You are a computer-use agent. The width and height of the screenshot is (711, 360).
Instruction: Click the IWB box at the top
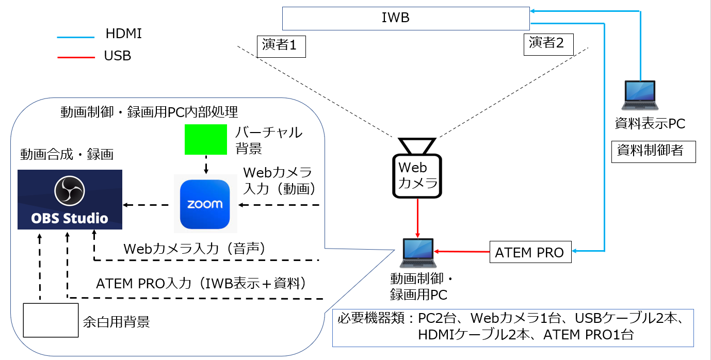[x=406, y=19]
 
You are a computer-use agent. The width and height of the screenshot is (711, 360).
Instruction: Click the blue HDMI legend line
[x=75, y=37]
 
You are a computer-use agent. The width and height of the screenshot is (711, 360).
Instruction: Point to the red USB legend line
[x=75, y=57]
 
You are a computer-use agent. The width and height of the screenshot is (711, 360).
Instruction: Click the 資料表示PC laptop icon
[x=639, y=96]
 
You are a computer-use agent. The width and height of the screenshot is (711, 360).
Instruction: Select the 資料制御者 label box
[x=653, y=151]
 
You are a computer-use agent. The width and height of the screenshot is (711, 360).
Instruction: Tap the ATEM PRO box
[x=530, y=253]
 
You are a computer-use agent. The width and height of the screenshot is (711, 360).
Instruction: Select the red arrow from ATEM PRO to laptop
[x=462, y=252]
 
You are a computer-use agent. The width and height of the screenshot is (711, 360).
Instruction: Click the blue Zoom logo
[x=205, y=204]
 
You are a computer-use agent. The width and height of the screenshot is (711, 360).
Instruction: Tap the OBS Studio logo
[x=70, y=200]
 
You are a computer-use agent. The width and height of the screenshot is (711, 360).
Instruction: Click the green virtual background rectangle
[x=206, y=139]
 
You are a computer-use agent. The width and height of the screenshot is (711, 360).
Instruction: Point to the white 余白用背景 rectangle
[x=50, y=320]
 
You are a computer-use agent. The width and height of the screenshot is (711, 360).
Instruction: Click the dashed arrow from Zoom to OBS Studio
[x=147, y=205]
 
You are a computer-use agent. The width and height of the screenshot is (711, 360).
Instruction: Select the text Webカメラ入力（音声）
[x=194, y=249]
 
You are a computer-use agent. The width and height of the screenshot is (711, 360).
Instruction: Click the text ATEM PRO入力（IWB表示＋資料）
[x=201, y=283]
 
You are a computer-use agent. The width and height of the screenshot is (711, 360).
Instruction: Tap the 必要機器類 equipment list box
[x=513, y=328]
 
